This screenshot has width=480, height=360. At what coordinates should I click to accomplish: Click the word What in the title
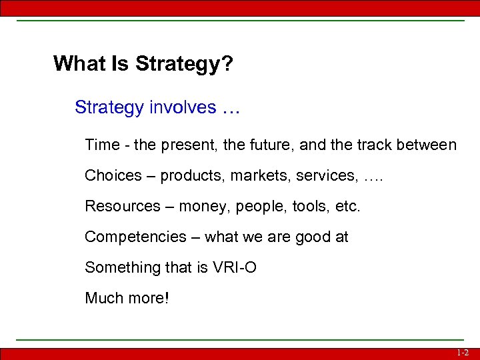click(x=75, y=64)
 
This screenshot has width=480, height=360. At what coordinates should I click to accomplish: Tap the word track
click(x=381, y=145)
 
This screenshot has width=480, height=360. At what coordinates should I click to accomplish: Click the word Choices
click(x=113, y=175)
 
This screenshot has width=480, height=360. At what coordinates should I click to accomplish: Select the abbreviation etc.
click(x=347, y=206)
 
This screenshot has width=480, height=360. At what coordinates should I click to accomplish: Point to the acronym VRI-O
click(x=234, y=267)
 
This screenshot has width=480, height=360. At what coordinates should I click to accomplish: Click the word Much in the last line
click(x=103, y=298)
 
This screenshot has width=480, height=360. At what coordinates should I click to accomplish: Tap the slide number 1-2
click(x=463, y=353)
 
